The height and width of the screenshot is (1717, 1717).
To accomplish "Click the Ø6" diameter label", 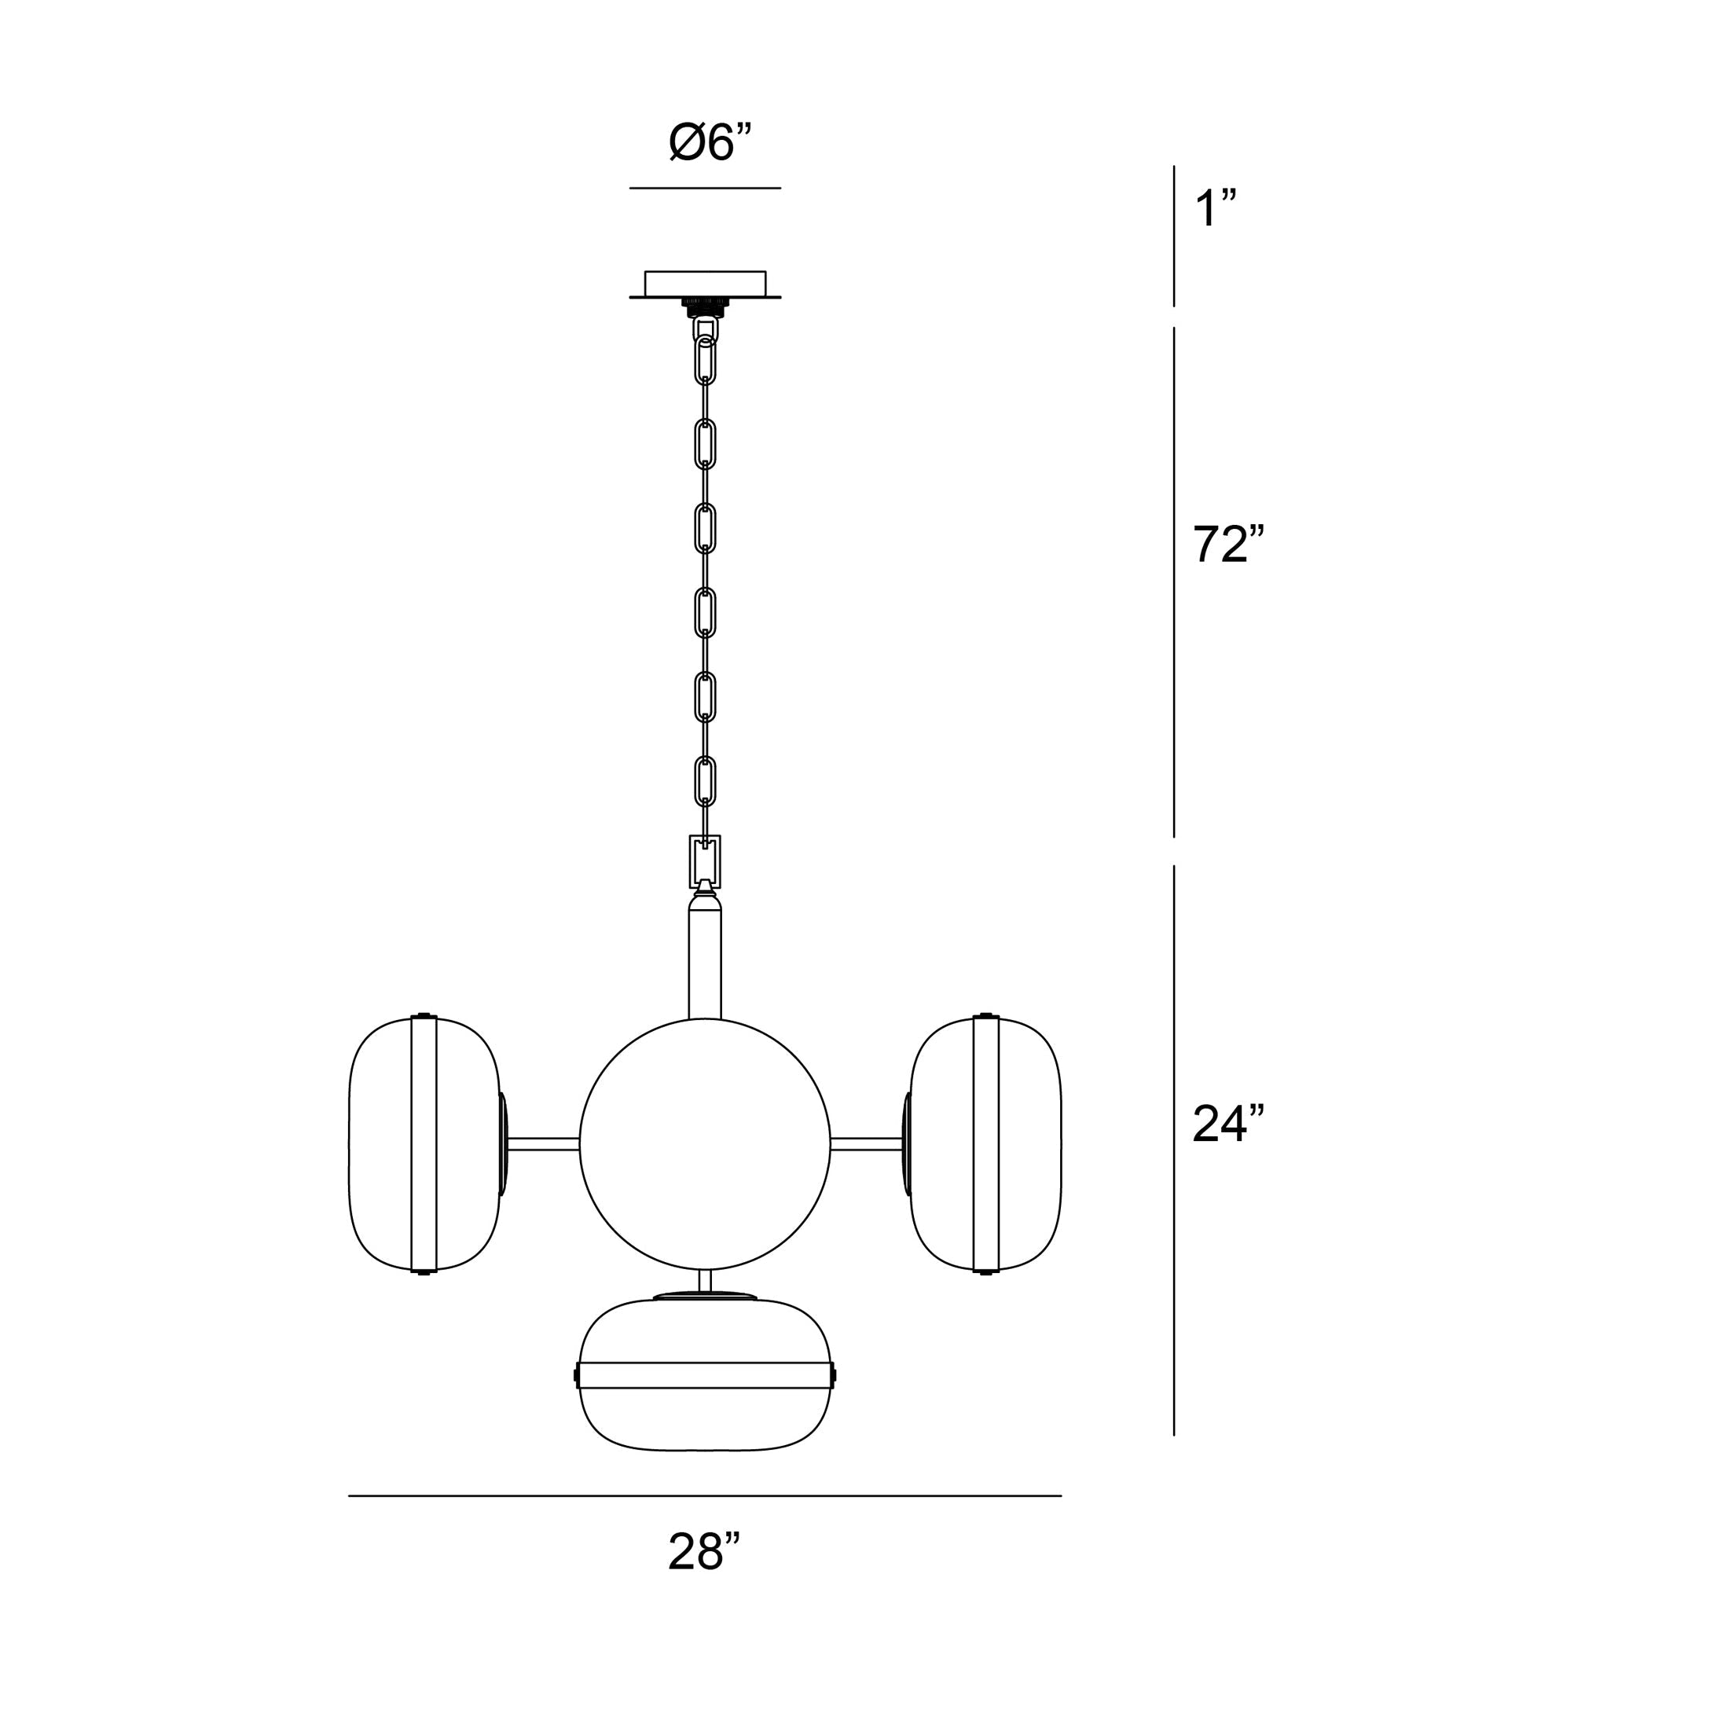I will (709, 143).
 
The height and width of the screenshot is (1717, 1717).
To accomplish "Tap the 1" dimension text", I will (1214, 210).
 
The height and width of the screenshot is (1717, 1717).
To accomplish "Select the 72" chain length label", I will (1227, 545).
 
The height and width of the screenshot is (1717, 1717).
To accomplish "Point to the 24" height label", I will (1227, 1125).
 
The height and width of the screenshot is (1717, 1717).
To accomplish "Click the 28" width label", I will (704, 1576).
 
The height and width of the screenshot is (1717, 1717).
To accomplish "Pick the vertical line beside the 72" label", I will (1174, 582).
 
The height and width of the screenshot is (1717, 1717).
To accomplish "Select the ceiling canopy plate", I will (705, 284).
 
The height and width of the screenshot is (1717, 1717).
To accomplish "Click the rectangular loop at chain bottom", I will (705, 861).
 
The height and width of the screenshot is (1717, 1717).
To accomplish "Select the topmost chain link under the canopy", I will (705, 360).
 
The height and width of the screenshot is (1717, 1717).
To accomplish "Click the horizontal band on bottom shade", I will (705, 1375).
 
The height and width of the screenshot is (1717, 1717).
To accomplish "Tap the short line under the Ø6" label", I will (705, 189).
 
